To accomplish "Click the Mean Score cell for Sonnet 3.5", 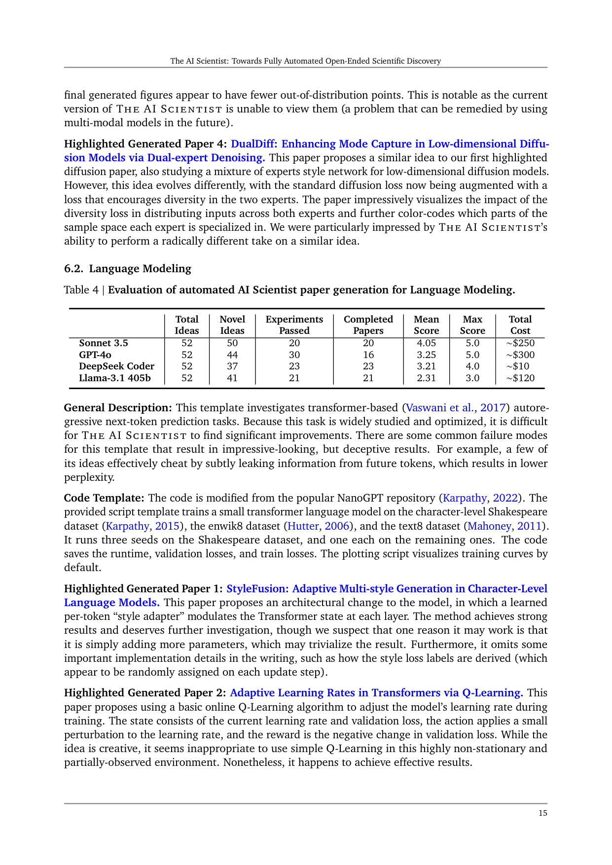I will coord(426,343).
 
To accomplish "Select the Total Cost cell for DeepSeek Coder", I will coord(520,366).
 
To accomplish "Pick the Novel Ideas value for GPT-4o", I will coord(232,355).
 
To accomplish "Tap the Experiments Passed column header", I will coord(294,325).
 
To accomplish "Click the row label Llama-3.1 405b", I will coord(115,378).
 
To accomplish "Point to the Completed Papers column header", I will coord(368,325).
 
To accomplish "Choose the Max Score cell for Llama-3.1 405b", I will coord(472,378).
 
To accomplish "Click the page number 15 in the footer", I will coord(542,813).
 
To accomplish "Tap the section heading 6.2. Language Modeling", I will coord(128,268).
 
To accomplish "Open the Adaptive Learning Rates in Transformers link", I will coord(376,692).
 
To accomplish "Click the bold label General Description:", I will coord(118,407).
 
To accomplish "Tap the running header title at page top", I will coord(305,61).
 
